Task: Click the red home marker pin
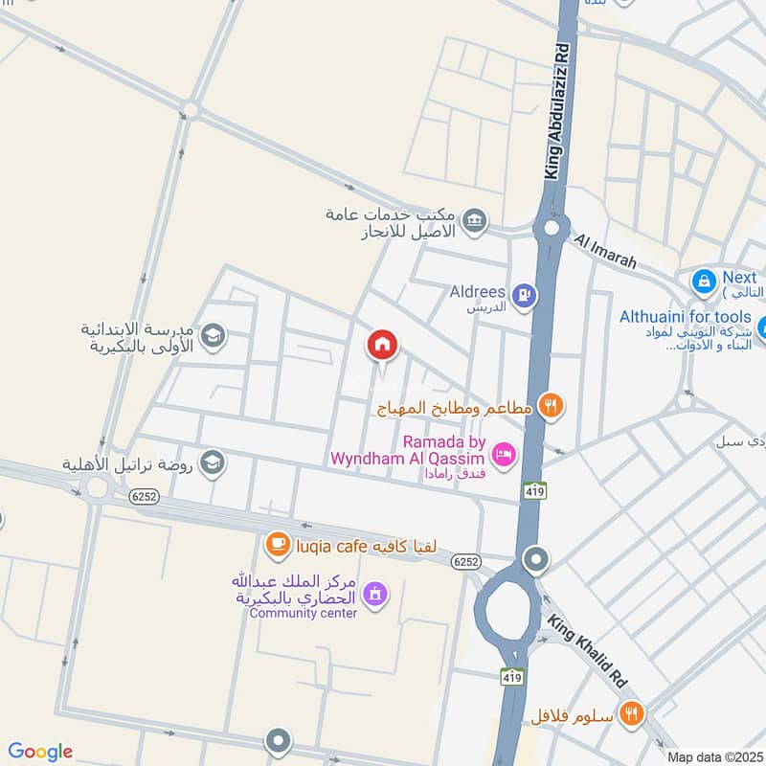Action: coord(382,344)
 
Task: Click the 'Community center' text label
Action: coord(303,613)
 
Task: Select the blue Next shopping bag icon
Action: coord(704,282)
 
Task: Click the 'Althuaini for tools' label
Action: coord(685,316)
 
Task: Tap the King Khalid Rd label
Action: coord(588,652)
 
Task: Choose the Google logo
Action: coord(39,752)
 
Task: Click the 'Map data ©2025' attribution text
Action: coord(713,756)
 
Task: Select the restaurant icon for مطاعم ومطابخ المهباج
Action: coord(549,406)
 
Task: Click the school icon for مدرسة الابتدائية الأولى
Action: coord(212,336)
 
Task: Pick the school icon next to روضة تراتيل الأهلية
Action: coord(212,462)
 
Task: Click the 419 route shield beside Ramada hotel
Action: coord(534,489)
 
